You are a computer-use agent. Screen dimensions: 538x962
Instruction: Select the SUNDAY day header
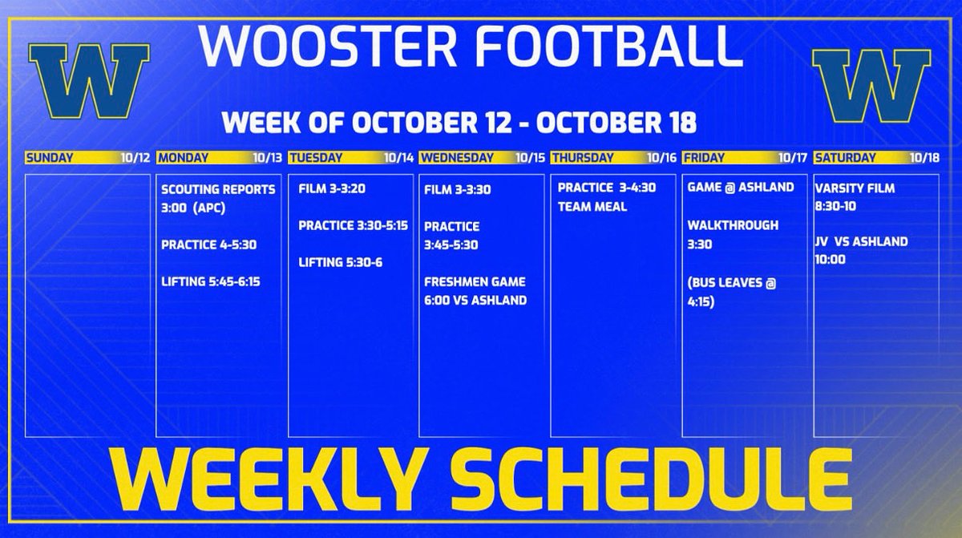tap(49, 158)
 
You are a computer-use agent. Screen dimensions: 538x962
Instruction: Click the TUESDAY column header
tap(316, 158)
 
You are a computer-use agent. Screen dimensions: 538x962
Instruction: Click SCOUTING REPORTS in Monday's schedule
tap(218, 189)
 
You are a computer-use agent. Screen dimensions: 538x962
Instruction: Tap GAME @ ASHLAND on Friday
tap(741, 188)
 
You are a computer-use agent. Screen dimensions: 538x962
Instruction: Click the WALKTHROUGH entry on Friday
tap(733, 225)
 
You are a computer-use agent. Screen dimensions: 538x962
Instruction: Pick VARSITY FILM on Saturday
tap(855, 189)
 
